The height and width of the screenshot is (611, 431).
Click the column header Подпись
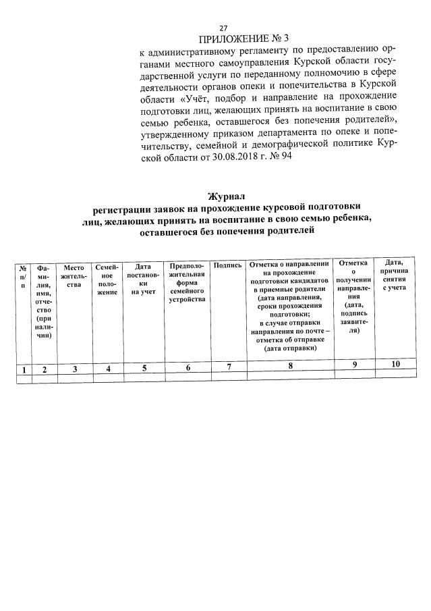[x=227, y=265]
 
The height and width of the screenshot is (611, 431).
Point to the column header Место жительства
[x=74, y=276]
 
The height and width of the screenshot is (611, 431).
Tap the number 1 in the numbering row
[x=24, y=369]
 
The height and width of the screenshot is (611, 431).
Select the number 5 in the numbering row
[x=144, y=369]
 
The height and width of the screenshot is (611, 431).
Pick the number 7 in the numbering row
[x=229, y=367]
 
